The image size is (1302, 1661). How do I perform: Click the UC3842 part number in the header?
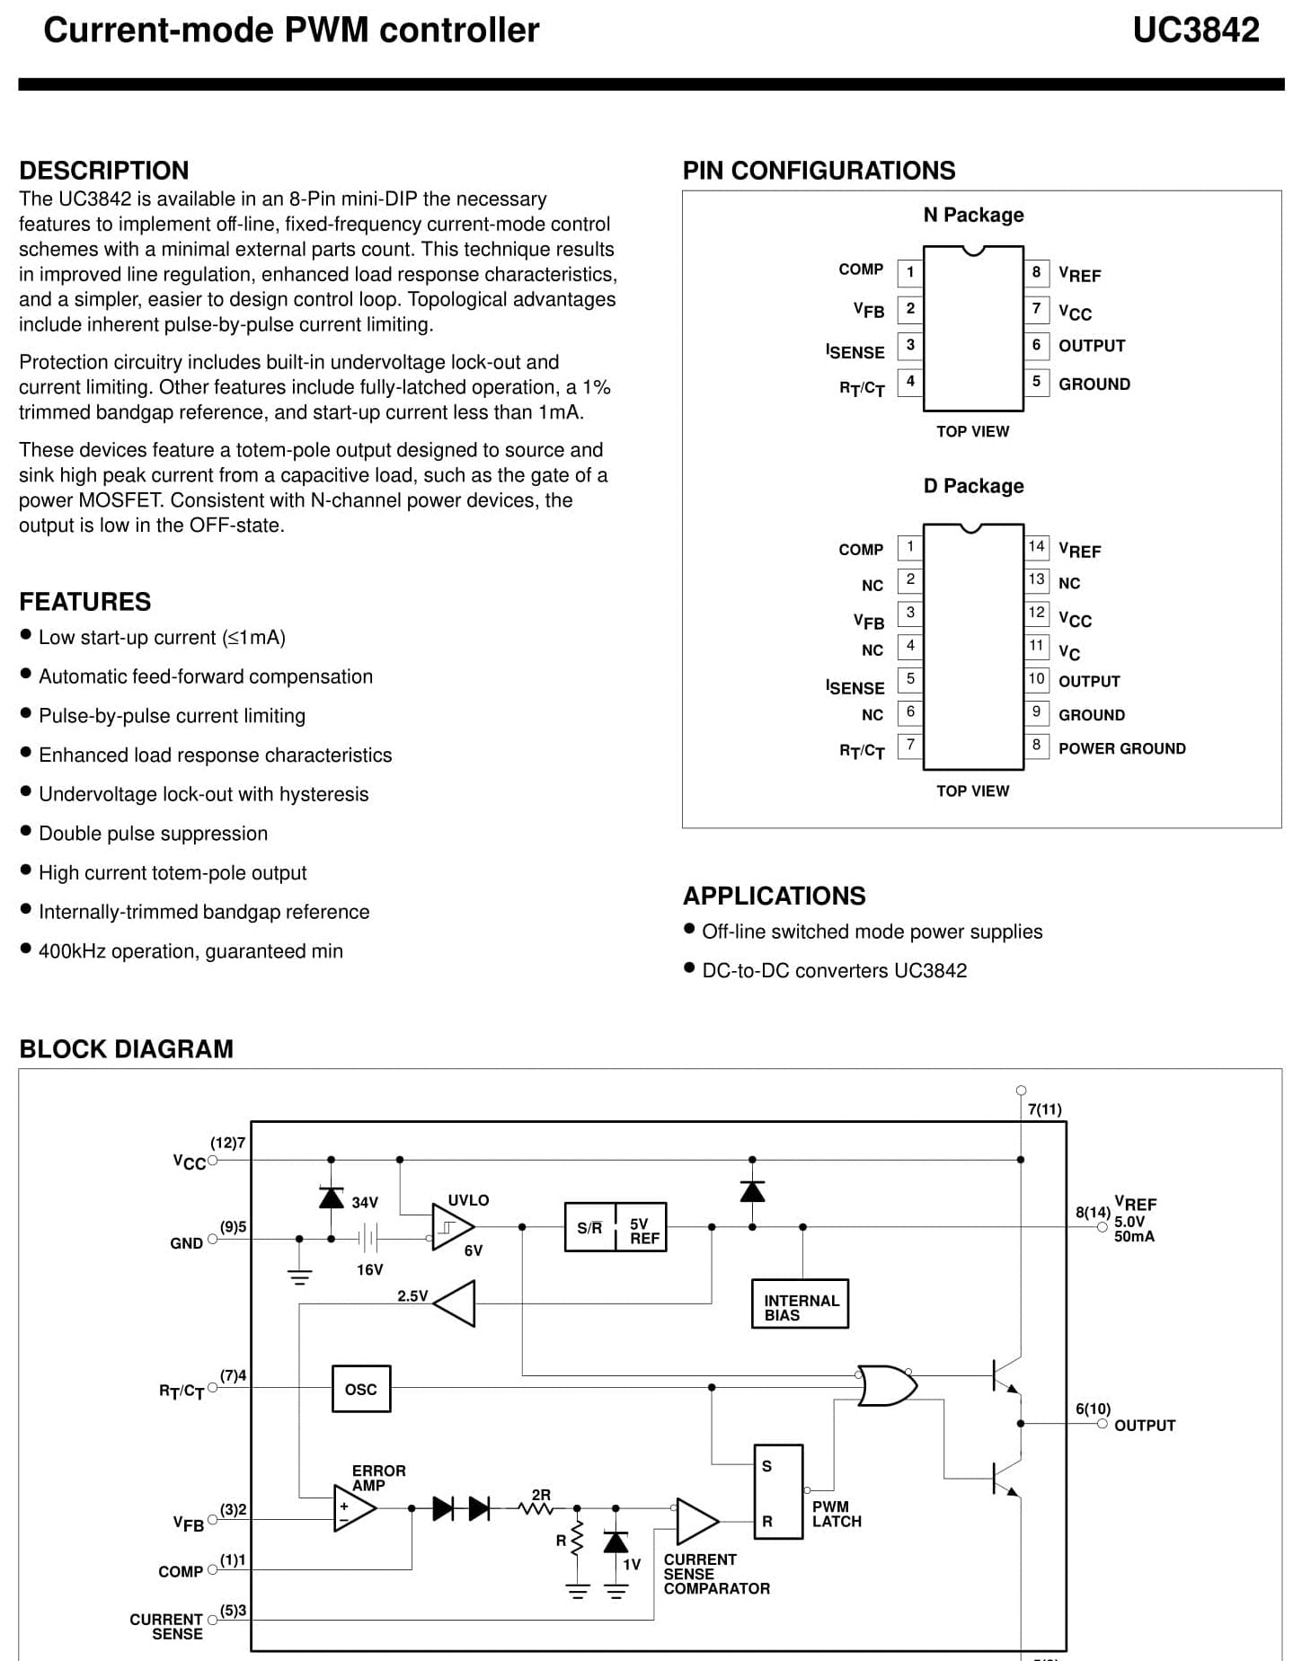pyautogui.click(x=1195, y=31)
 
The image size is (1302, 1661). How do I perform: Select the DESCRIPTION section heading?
pyautogui.click(x=104, y=171)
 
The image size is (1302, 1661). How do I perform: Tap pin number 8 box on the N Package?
pyautogui.click(x=1036, y=271)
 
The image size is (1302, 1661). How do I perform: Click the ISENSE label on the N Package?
pyautogui.click(x=855, y=351)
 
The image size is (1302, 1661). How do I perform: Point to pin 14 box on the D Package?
pyautogui.click(x=1036, y=546)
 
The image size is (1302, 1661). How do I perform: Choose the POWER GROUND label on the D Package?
pyautogui.click(x=1122, y=748)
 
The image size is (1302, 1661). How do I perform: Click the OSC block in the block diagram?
pyautogui.click(x=361, y=1389)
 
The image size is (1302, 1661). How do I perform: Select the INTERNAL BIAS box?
pyautogui.click(x=800, y=1304)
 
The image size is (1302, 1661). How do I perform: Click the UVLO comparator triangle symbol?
pyautogui.click(x=452, y=1226)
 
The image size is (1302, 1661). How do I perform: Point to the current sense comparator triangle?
pyautogui.click(x=696, y=1521)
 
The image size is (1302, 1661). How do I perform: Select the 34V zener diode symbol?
pyautogui.click(x=332, y=1197)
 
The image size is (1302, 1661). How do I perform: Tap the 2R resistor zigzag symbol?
pyautogui.click(x=537, y=1509)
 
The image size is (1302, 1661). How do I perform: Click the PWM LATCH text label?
pyautogui.click(x=837, y=1514)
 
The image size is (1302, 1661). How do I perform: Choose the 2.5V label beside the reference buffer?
pyautogui.click(x=412, y=1296)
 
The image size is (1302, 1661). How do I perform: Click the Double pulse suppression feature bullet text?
pyautogui.click(x=154, y=834)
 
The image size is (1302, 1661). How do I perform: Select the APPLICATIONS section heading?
pyautogui.click(x=775, y=896)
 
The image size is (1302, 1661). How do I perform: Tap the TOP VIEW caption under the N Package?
pyautogui.click(x=973, y=431)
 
